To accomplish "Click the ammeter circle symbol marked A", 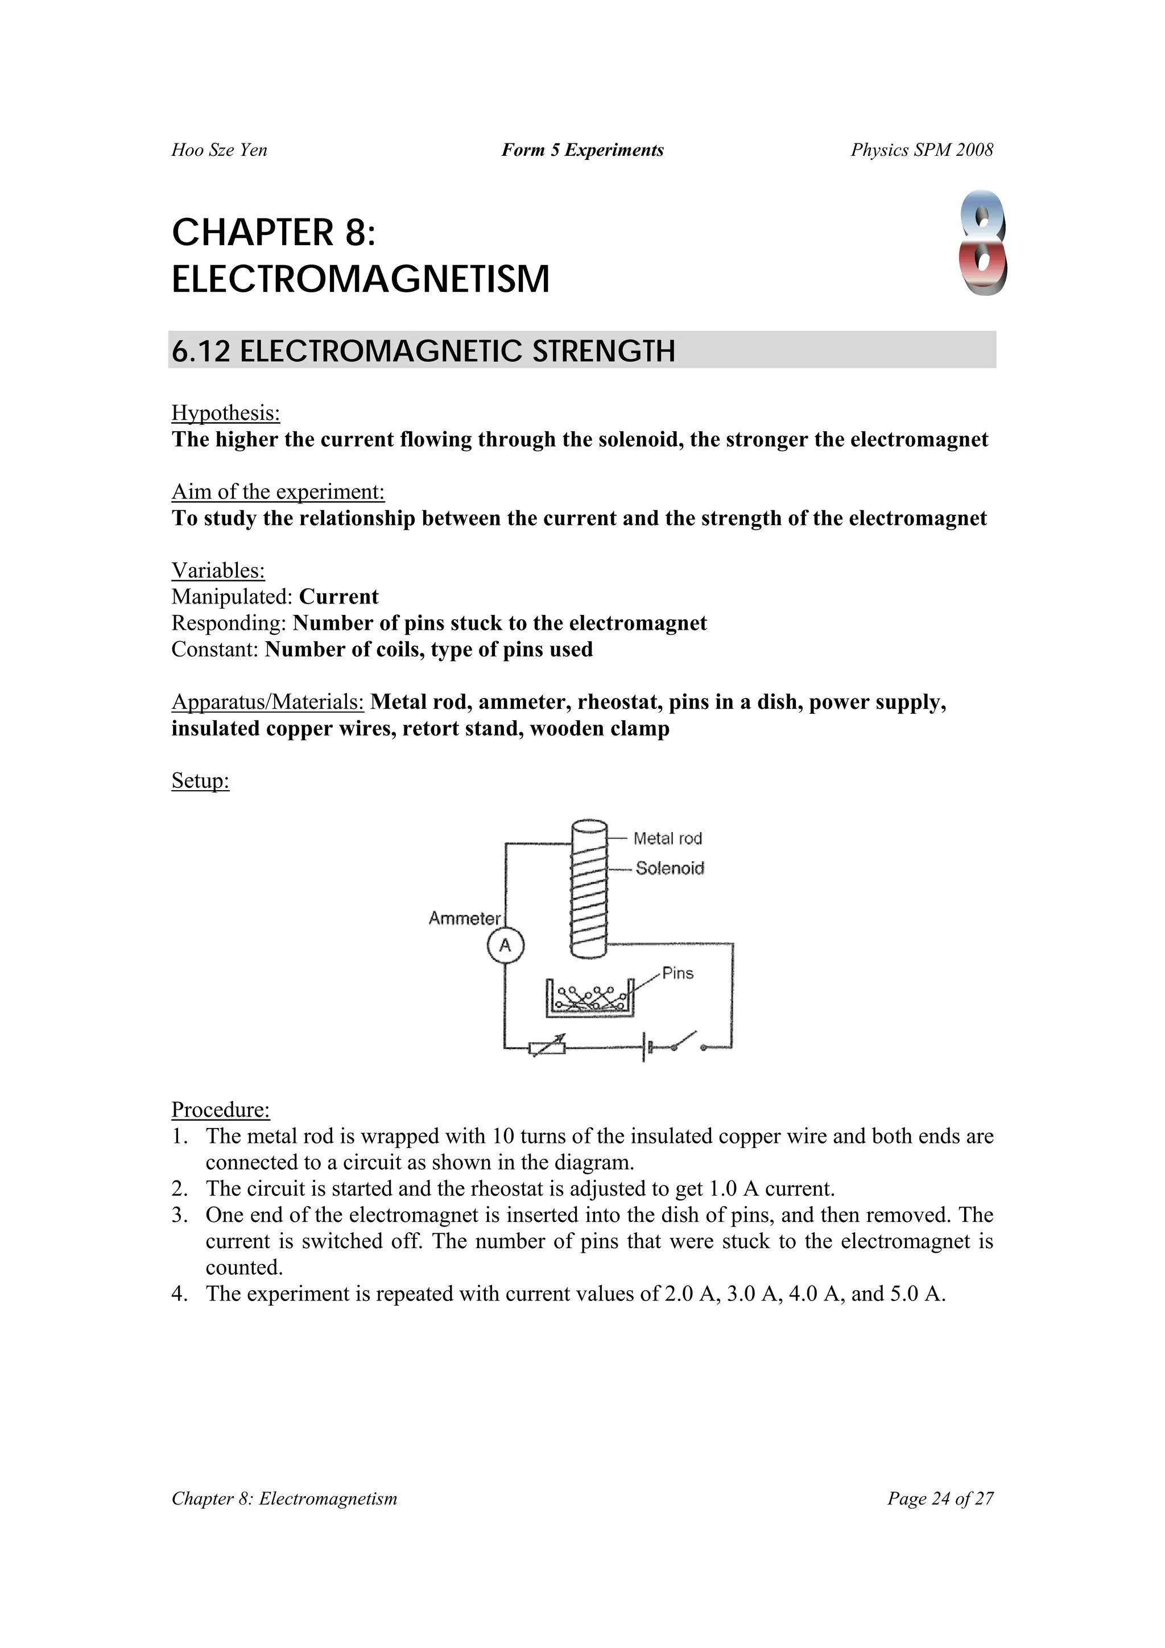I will pos(505,945).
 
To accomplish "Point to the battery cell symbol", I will pos(645,1048).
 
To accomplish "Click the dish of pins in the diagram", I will pos(590,998).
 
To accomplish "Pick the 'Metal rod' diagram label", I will pos(668,839).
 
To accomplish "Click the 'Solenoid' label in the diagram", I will pos(670,869).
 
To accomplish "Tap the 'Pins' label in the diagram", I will pos(677,973).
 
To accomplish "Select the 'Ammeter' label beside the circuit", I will pos(464,918).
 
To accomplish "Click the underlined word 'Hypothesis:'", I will pos(225,414).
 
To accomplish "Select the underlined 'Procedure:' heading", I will pos(220,1110).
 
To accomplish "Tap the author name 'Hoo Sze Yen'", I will pos(219,150).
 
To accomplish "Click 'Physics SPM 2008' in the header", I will pos(922,150).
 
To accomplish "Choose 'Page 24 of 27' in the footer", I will pos(940,1499).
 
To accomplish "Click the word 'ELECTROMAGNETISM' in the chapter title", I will pos(360,279).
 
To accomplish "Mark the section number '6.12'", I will pos(201,351).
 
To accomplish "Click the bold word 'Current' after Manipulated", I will pos(339,597).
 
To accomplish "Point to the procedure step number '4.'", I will pos(180,1294).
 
